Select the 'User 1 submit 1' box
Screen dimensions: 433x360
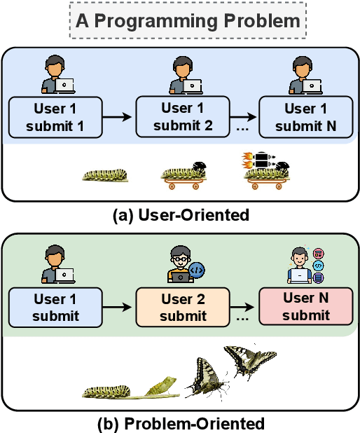point(55,117)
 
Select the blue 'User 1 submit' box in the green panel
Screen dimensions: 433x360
point(55,307)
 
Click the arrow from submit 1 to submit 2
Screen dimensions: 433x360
point(118,117)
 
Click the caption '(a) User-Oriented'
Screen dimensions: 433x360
point(180,214)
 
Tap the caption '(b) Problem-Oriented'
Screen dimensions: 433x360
point(180,423)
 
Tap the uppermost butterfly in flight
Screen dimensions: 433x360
point(249,360)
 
